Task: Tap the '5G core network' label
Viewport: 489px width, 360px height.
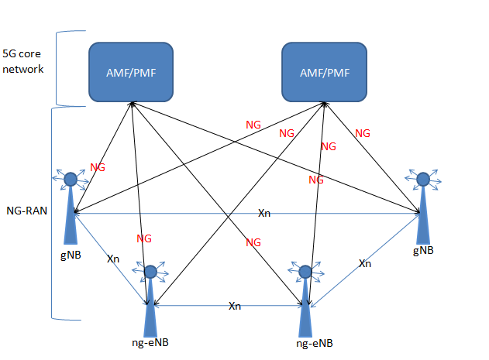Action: coord(22,62)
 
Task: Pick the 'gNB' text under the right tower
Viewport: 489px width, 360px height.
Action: coord(423,251)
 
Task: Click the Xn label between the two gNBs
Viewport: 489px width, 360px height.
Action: coord(264,213)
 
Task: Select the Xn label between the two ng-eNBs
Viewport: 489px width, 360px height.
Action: coord(235,306)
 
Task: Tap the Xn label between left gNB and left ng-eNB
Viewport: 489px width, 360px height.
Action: coord(113,259)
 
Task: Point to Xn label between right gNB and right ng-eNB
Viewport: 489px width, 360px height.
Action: coord(366,264)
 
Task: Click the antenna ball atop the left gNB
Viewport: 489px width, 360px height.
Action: coord(71,180)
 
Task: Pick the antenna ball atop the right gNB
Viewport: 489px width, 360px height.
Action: coord(423,180)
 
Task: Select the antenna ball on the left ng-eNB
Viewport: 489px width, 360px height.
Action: coord(151,272)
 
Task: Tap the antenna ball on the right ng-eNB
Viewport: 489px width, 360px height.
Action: coord(305,272)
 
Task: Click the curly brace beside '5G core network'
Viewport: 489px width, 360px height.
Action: coord(60,68)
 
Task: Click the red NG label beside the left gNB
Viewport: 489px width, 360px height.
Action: coord(98,166)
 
